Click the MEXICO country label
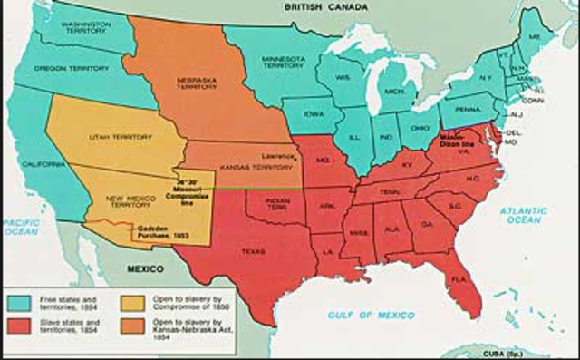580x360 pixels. [x=144, y=269]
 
